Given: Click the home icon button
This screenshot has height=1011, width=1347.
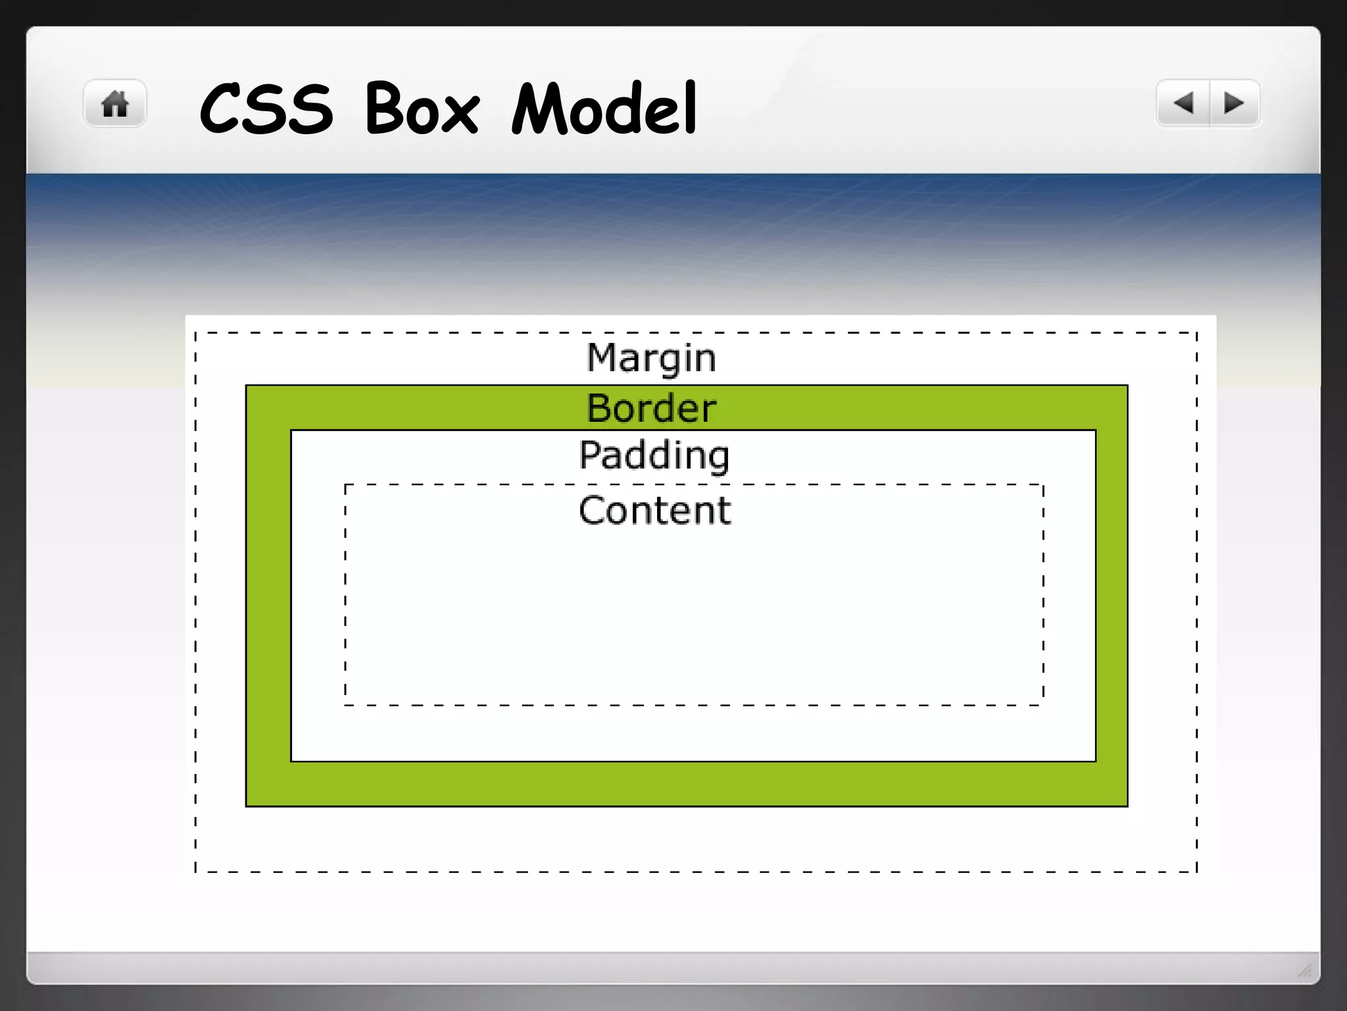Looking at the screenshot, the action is pyautogui.click(x=114, y=104).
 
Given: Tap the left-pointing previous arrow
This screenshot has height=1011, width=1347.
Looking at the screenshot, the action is pyautogui.click(x=1183, y=103).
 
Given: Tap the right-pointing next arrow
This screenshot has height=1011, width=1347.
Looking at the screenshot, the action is pyautogui.click(x=1234, y=103).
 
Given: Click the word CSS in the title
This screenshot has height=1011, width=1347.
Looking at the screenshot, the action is pyautogui.click(x=266, y=109).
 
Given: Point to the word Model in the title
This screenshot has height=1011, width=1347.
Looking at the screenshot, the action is pyautogui.click(x=604, y=108).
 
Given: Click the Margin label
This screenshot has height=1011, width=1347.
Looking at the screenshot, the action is pyautogui.click(x=651, y=359).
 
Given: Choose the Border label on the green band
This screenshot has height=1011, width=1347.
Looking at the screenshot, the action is pyautogui.click(x=651, y=408).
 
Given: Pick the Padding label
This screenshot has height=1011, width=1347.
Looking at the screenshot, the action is pyautogui.click(x=654, y=455).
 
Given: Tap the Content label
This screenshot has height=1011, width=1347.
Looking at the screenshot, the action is pyautogui.click(x=654, y=510).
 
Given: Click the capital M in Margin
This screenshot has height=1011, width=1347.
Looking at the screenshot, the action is pyautogui.click(x=601, y=357).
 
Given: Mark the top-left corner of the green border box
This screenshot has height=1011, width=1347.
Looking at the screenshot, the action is pyautogui.click(x=247, y=386).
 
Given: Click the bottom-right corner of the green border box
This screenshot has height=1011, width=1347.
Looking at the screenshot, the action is pyautogui.click(x=1127, y=806).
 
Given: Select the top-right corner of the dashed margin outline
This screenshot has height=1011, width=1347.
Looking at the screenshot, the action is pyautogui.click(x=1196, y=333).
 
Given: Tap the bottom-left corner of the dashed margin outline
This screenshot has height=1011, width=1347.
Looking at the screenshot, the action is pyautogui.click(x=196, y=871).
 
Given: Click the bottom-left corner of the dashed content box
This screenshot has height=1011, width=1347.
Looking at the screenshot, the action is pyautogui.click(x=346, y=705).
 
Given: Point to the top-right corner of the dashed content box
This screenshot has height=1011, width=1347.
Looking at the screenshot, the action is pyautogui.click(x=1043, y=485).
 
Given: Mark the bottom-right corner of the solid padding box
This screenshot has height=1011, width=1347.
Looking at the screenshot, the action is pyautogui.click(x=1095, y=761).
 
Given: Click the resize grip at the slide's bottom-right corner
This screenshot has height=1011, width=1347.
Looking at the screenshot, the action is pyautogui.click(x=1305, y=970).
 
